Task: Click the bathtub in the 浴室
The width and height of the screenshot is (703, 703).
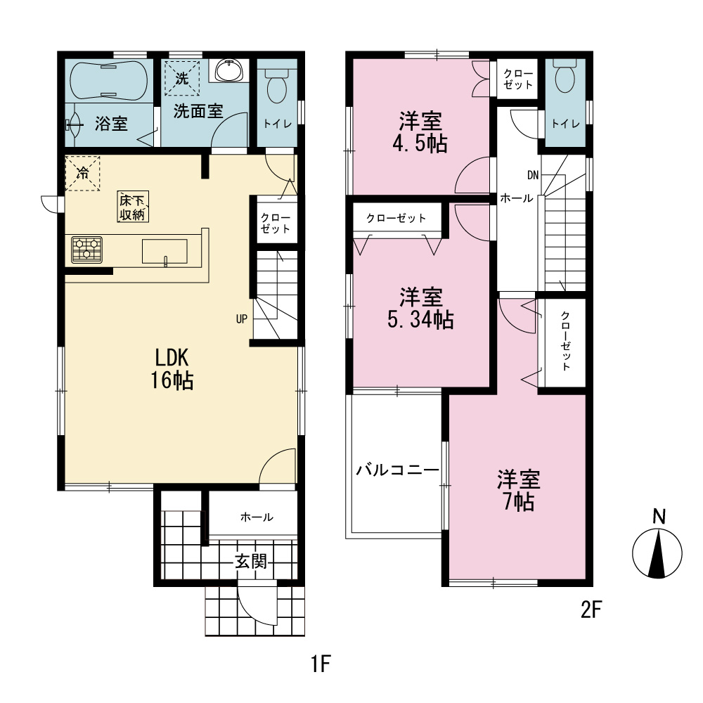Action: (x=109, y=81)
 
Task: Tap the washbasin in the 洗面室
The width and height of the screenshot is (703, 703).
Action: (x=229, y=70)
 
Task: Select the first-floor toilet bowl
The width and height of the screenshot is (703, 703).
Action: (x=276, y=86)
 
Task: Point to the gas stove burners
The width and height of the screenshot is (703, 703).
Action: (x=87, y=250)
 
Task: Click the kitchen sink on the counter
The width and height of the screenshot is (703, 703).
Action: (x=165, y=251)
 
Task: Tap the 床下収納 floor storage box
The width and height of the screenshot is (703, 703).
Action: (x=133, y=207)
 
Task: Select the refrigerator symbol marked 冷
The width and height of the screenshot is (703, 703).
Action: (x=82, y=173)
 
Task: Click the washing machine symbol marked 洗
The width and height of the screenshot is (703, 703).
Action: (x=182, y=78)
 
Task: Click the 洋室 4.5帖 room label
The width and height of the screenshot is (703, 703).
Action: (x=420, y=133)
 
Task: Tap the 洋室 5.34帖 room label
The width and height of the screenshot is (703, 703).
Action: (x=420, y=309)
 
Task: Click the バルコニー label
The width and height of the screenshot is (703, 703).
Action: (x=398, y=470)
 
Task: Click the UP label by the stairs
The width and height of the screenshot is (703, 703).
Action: (x=242, y=318)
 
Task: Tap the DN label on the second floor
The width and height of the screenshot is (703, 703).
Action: (x=533, y=175)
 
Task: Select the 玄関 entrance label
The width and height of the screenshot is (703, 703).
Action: (x=251, y=561)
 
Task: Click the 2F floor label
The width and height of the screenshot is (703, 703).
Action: (x=591, y=610)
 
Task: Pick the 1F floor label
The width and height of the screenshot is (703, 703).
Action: (x=321, y=664)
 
